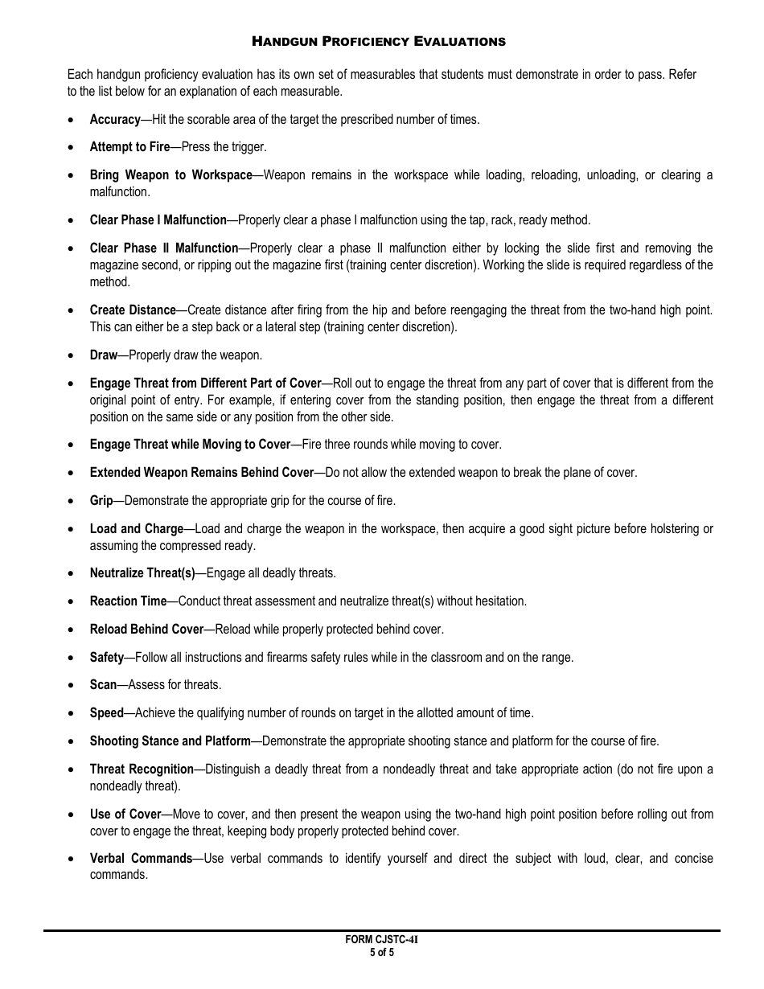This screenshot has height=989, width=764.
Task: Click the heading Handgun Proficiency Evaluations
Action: click(379, 41)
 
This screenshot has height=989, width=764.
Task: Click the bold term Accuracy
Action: click(115, 119)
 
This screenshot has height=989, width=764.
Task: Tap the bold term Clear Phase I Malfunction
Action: click(158, 220)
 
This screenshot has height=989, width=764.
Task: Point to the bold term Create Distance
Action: click(133, 310)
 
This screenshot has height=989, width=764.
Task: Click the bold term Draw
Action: click(103, 355)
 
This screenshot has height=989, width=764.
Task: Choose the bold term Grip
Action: click(101, 500)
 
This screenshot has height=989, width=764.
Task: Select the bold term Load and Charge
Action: click(137, 529)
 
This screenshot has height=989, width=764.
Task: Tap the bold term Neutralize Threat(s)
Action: click(142, 573)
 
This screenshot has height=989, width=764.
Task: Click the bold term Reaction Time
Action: click(128, 601)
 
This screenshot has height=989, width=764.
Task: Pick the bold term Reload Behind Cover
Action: click(146, 629)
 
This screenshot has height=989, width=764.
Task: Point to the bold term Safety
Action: click(107, 657)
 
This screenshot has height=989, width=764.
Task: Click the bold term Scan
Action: click(103, 685)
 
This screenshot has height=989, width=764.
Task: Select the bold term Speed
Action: click(107, 712)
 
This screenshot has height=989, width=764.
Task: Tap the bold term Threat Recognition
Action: click(142, 769)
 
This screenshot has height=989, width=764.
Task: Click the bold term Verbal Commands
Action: click(141, 858)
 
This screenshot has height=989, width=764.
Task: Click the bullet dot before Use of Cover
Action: click(72, 815)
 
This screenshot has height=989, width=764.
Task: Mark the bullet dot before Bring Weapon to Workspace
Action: click(72, 175)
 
